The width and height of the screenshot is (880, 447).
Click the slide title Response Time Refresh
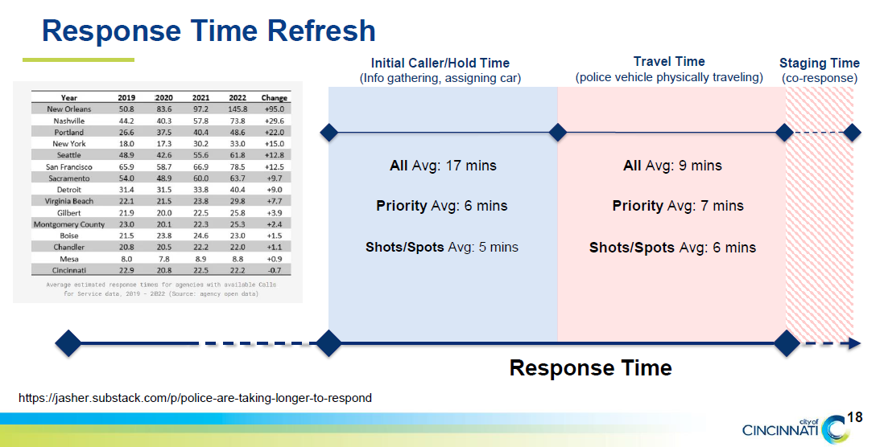coord(209,31)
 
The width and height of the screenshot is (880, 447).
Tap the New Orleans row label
coord(69,109)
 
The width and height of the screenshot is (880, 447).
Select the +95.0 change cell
coord(275,109)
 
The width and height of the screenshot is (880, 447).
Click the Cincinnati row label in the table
coord(69,270)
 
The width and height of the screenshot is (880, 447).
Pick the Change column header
coord(275,97)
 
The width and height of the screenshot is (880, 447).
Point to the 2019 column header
coord(126,97)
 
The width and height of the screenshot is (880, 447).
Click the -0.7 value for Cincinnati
coord(275,270)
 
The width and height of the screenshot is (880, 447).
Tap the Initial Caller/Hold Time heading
coord(440,63)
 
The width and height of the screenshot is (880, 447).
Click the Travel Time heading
coord(668,62)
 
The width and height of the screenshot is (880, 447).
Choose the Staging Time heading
coord(819,63)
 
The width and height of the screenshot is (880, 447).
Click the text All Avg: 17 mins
coord(443,166)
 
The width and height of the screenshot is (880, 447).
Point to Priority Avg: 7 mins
coord(677,206)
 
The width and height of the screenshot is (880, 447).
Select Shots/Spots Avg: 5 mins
coord(441,247)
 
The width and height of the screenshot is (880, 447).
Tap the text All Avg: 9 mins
coord(672,166)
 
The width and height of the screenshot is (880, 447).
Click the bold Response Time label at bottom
coord(590,368)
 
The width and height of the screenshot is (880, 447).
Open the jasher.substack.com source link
coord(195,398)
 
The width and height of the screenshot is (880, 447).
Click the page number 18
coord(855,417)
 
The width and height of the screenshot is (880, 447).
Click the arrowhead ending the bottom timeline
coord(854,343)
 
